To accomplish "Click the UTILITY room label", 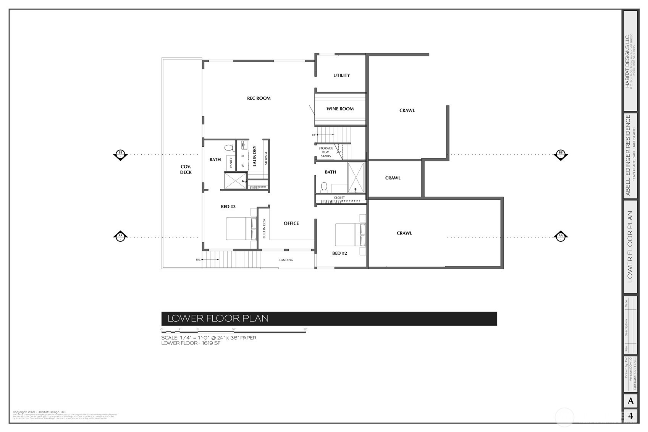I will pos(341,75).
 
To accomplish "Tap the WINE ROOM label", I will pos(340,109).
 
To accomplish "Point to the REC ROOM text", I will pos(259,98).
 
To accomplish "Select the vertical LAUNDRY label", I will pos(254,156).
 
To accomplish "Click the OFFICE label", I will pos(291,223).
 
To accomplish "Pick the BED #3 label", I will pos(228,207).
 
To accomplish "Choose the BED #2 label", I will pos(339,253).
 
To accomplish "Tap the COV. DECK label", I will pos(186,169).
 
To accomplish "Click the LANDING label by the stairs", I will pos(286,260).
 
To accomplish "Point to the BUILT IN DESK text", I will pos(264,228).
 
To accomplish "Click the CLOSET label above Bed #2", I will pos(339,197).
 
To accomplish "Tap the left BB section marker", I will pos(120,154).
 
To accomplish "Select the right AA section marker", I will pos(560,236).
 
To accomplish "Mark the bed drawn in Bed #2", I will pos(350,235).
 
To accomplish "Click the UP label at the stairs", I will pos(314,135).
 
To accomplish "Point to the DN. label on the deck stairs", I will pos(198,260).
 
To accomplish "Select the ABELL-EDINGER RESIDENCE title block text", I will pos(628,155).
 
